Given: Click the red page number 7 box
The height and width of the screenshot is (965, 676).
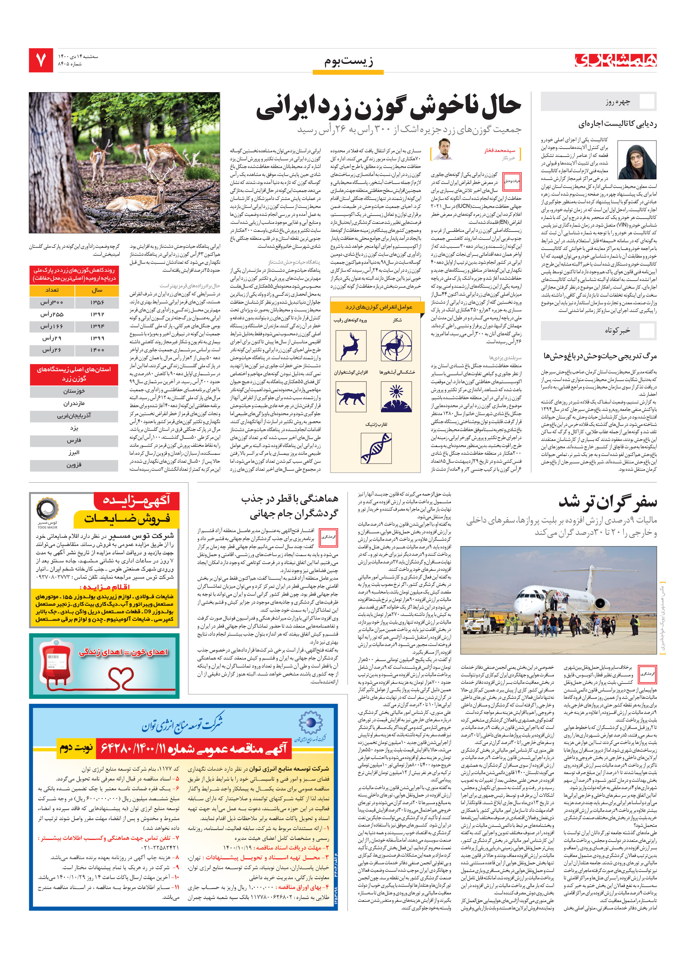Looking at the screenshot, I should (x=41, y=60).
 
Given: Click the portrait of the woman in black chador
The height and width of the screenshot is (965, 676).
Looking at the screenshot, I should (x=636, y=160).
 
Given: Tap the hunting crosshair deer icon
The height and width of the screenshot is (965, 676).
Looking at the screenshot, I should (x=396, y=345).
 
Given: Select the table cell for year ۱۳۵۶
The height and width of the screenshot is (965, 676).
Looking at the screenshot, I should (x=97, y=302).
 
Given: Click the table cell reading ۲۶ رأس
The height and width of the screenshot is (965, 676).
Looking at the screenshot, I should (x=51, y=350).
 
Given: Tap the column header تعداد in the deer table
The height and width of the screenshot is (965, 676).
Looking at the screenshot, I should (x=52, y=290).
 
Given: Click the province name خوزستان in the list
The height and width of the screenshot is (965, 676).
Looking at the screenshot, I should (x=74, y=391).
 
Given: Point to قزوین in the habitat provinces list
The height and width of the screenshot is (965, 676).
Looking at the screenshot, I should (x=74, y=465).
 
